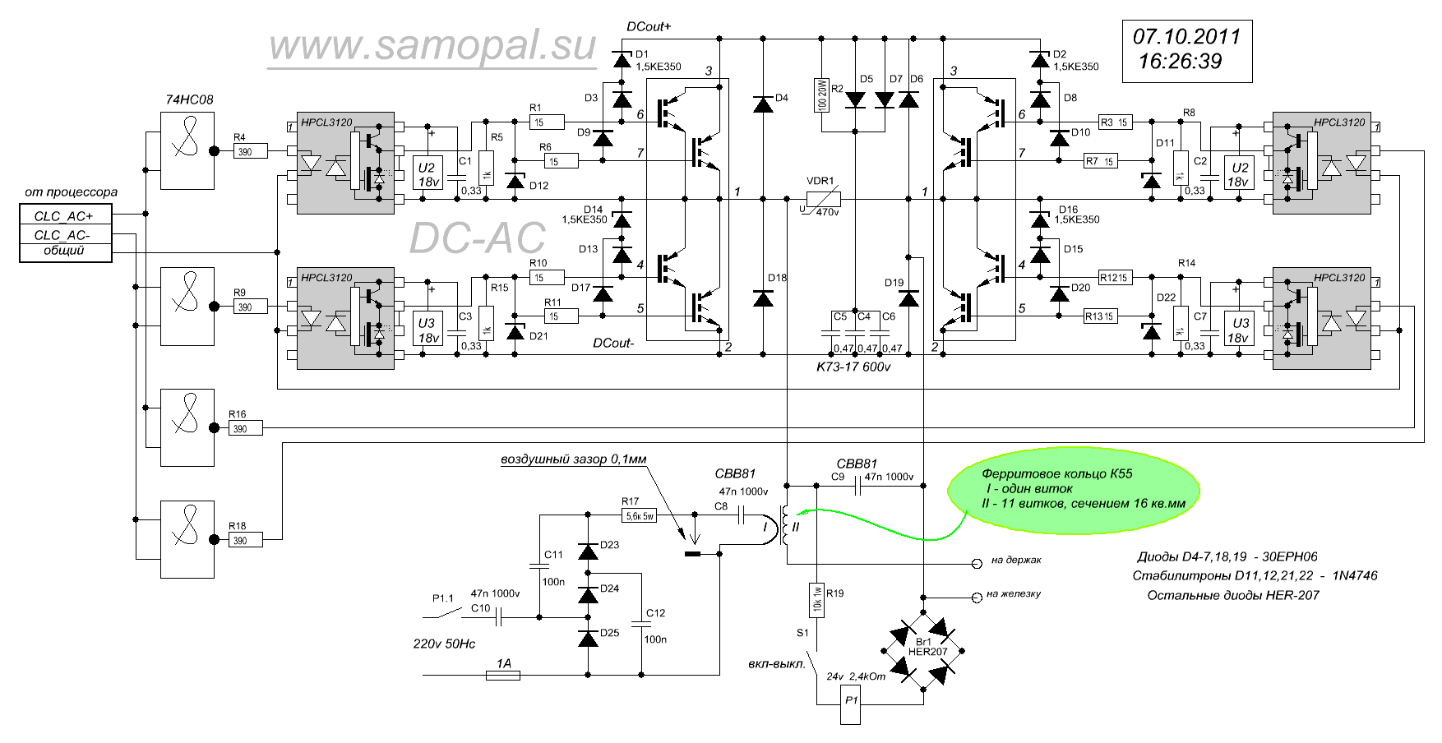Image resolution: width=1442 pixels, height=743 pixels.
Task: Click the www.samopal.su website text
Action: [432, 48]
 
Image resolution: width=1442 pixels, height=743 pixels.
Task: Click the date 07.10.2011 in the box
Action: [1186, 37]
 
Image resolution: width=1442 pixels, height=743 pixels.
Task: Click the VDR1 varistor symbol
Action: [822, 198]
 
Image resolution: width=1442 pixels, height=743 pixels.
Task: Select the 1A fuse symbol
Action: [503, 676]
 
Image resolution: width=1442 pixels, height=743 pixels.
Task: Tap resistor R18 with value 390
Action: [245, 540]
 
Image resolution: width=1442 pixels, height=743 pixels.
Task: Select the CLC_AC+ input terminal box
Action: [65, 216]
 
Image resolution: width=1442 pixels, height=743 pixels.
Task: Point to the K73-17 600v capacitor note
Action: [853, 367]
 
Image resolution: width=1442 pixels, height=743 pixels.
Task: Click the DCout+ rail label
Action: [648, 26]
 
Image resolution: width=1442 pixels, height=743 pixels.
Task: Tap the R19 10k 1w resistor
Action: [817, 600]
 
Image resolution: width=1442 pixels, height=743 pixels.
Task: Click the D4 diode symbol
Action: [763, 104]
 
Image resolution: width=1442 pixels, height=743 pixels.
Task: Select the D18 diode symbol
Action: [763, 298]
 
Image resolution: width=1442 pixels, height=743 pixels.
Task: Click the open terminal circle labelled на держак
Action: [978, 564]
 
